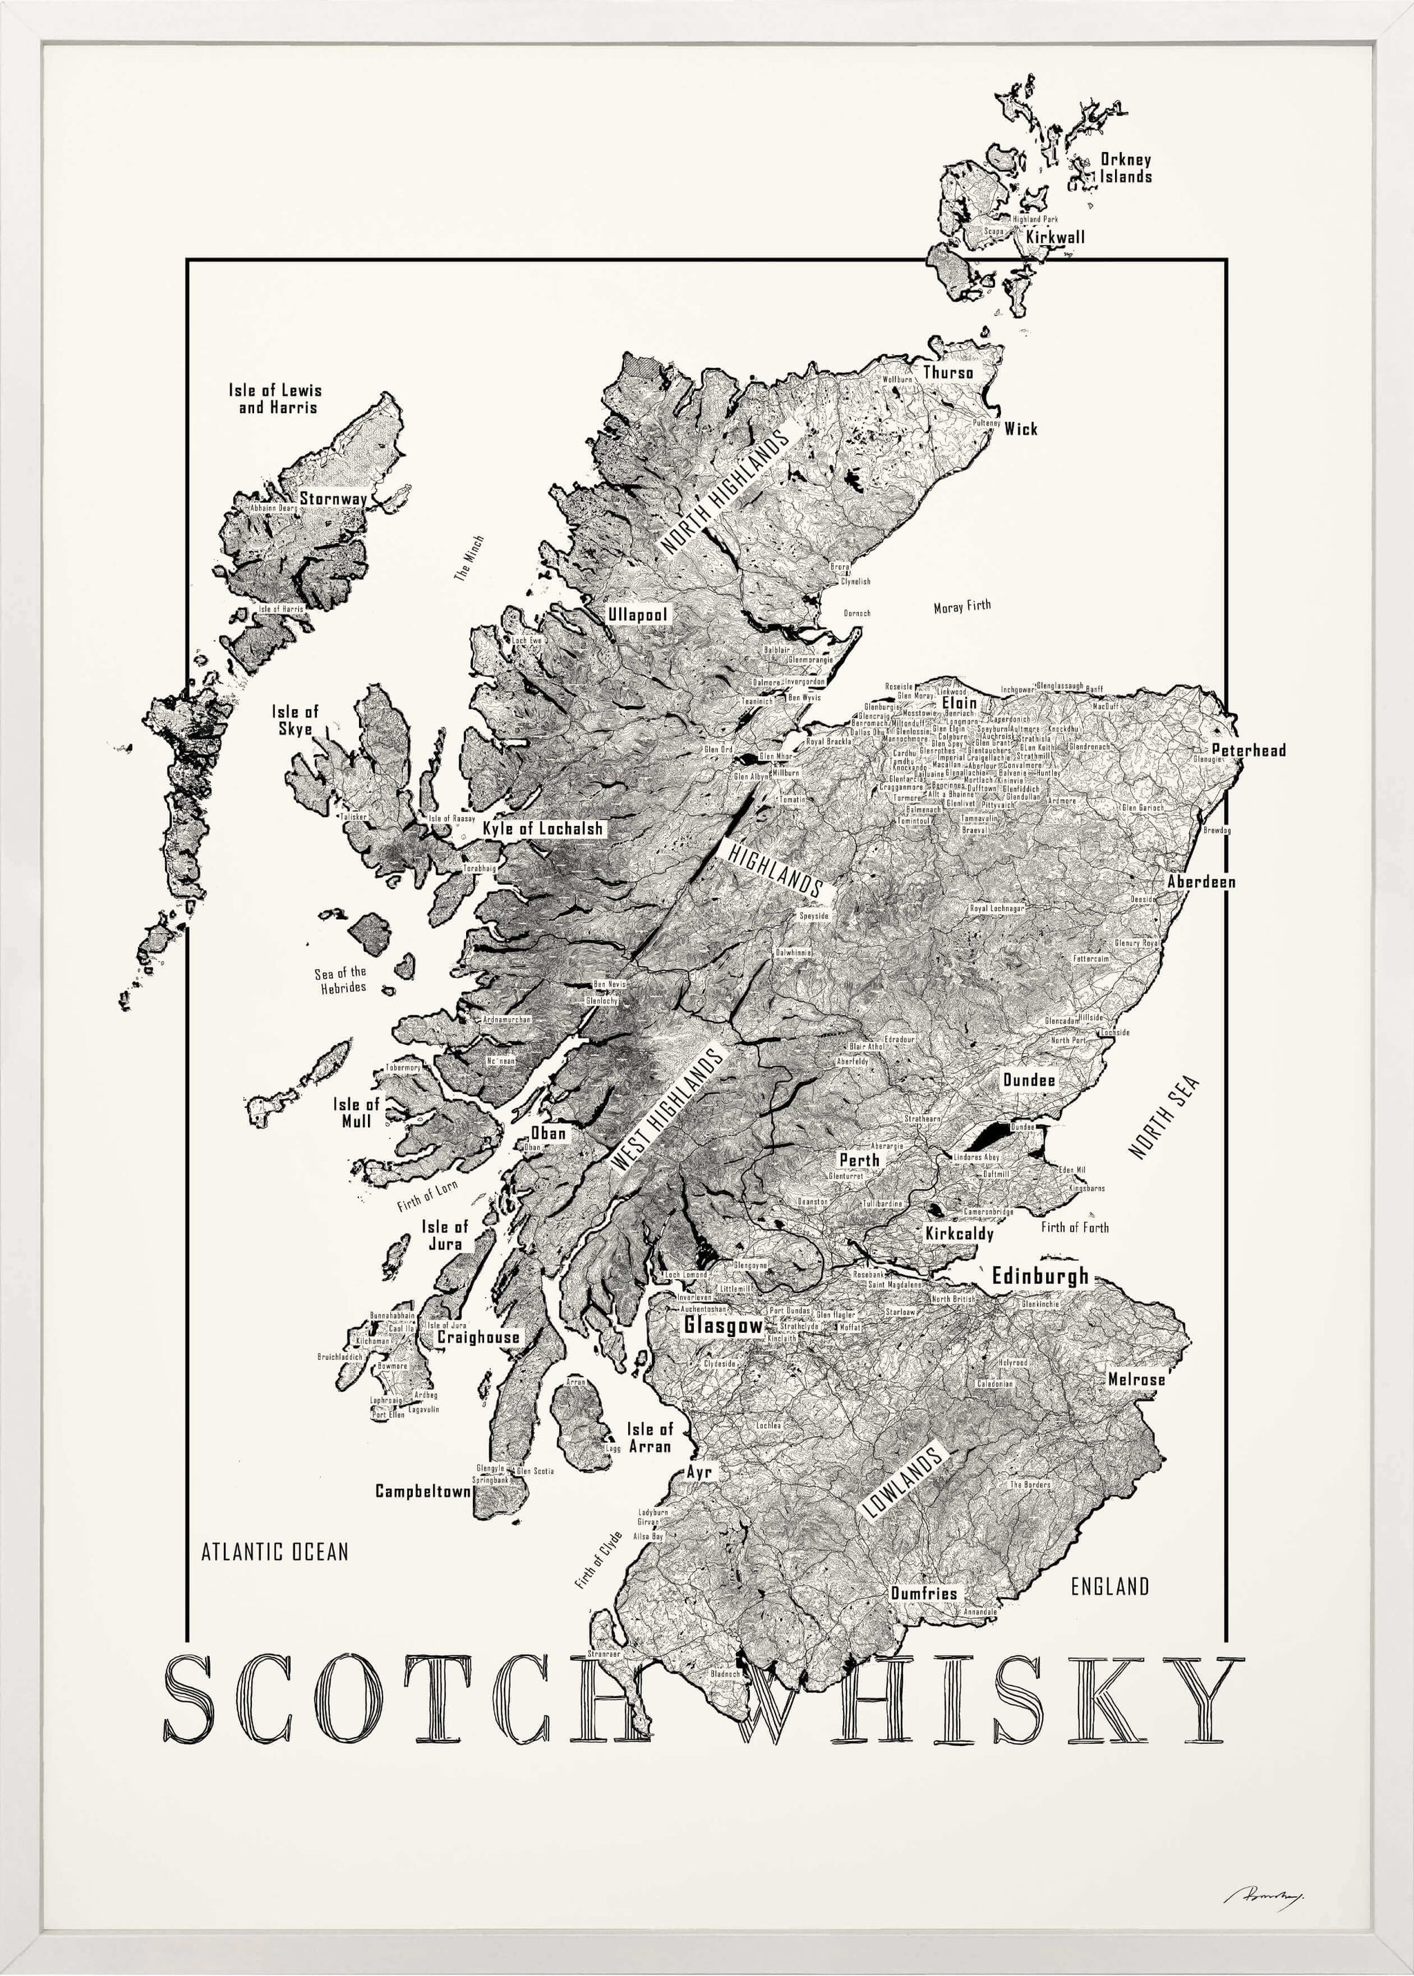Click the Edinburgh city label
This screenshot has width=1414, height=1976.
[1040, 1276]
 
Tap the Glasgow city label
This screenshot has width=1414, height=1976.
[723, 1325]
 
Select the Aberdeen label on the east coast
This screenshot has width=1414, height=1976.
[1201, 881]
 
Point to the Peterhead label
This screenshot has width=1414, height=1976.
[1248, 750]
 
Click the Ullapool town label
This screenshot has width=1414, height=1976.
[637, 615]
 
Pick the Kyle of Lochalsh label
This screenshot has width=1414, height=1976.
[543, 828]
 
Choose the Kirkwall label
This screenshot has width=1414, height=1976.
[1055, 237]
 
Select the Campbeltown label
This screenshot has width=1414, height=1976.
[423, 1491]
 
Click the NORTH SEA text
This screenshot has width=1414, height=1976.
[1164, 1118]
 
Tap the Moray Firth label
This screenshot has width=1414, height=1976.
[962, 607]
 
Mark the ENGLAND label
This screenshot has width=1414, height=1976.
[1110, 1586]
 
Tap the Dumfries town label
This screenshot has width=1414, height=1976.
[923, 1593]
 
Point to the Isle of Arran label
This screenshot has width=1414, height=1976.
[650, 1438]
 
